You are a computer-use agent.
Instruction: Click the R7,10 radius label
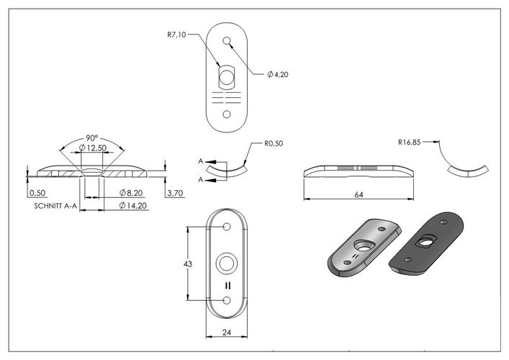(x=176, y=35)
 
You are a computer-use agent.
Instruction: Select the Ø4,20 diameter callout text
(x=278, y=75)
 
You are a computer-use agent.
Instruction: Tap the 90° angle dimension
(x=92, y=138)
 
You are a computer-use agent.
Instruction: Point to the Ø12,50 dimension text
(x=93, y=148)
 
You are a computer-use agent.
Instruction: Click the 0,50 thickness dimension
(x=37, y=193)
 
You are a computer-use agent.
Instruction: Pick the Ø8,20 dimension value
(x=131, y=193)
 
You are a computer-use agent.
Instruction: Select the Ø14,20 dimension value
(x=133, y=205)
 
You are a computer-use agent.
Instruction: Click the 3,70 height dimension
(x=175, y=194)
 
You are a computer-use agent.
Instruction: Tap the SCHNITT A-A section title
(x=55, y=206)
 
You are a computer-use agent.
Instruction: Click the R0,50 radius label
(x=274, y=143)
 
